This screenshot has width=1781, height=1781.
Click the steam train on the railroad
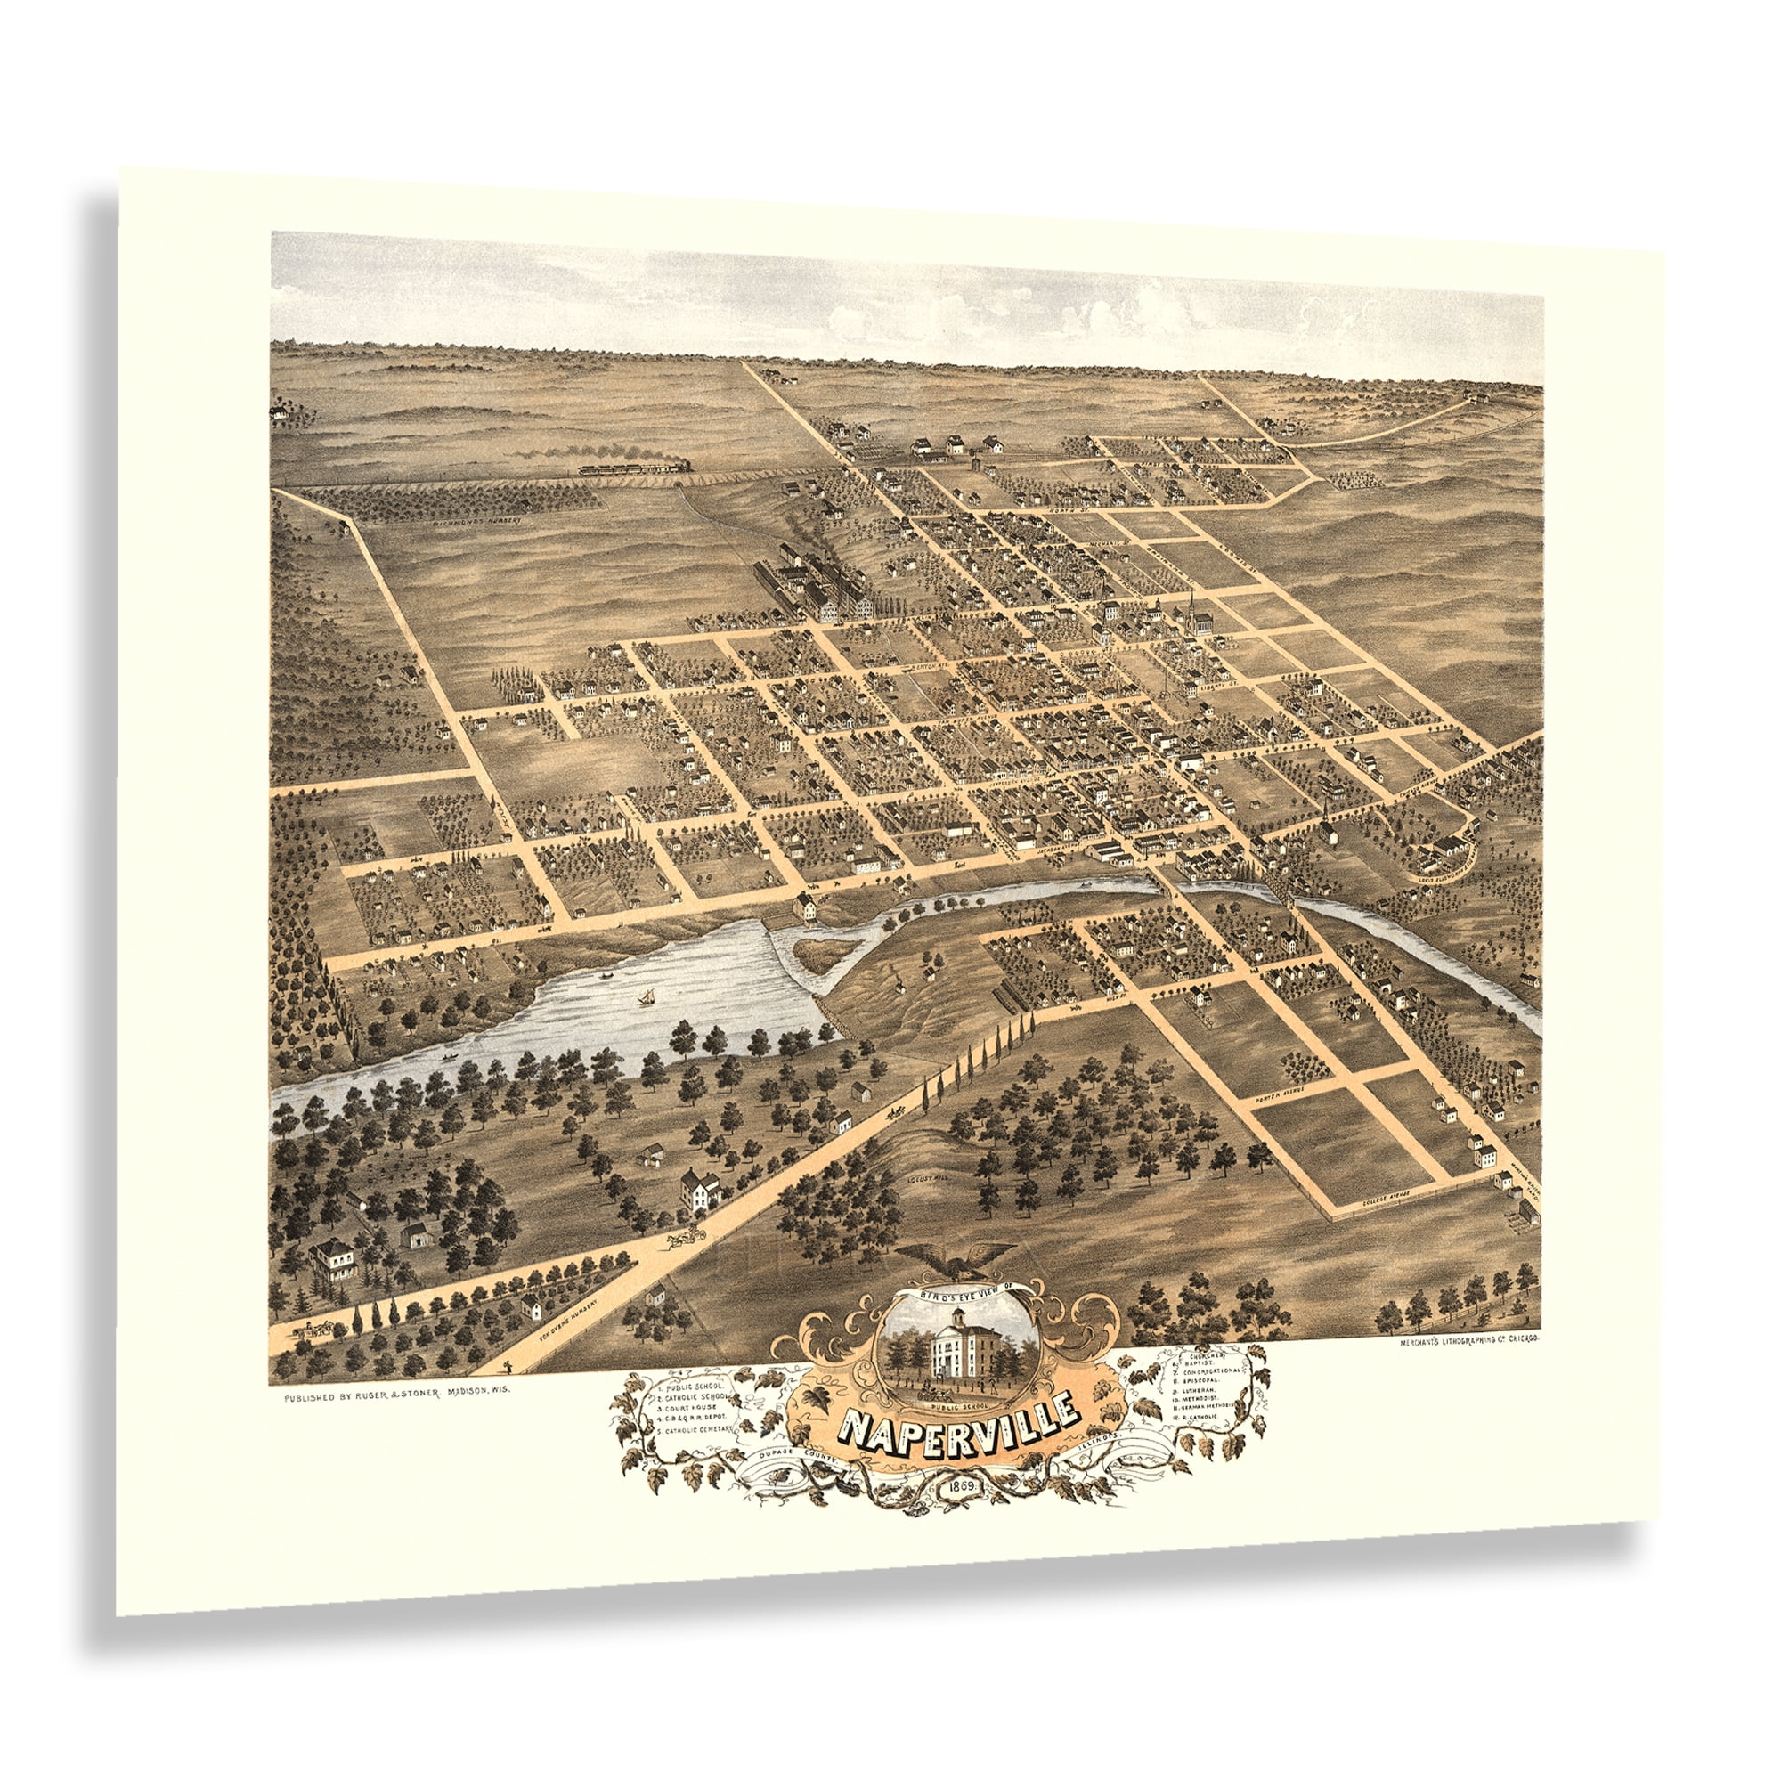tap(635, 468)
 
